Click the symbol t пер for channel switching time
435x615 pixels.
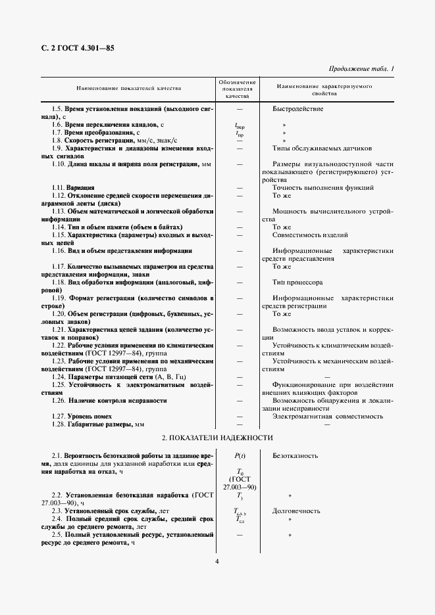coord(240,124)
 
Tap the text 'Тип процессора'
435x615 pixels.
coord(297,282)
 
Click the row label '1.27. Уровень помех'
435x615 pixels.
coord(82,416)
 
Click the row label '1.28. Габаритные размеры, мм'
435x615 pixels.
coord(97,424)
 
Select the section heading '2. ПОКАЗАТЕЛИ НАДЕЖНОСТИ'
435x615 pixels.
coord(217,438)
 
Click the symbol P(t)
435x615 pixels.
coord(239,455)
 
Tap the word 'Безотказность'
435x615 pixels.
coord(296,455)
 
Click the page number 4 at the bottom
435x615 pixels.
coord(217,560)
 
